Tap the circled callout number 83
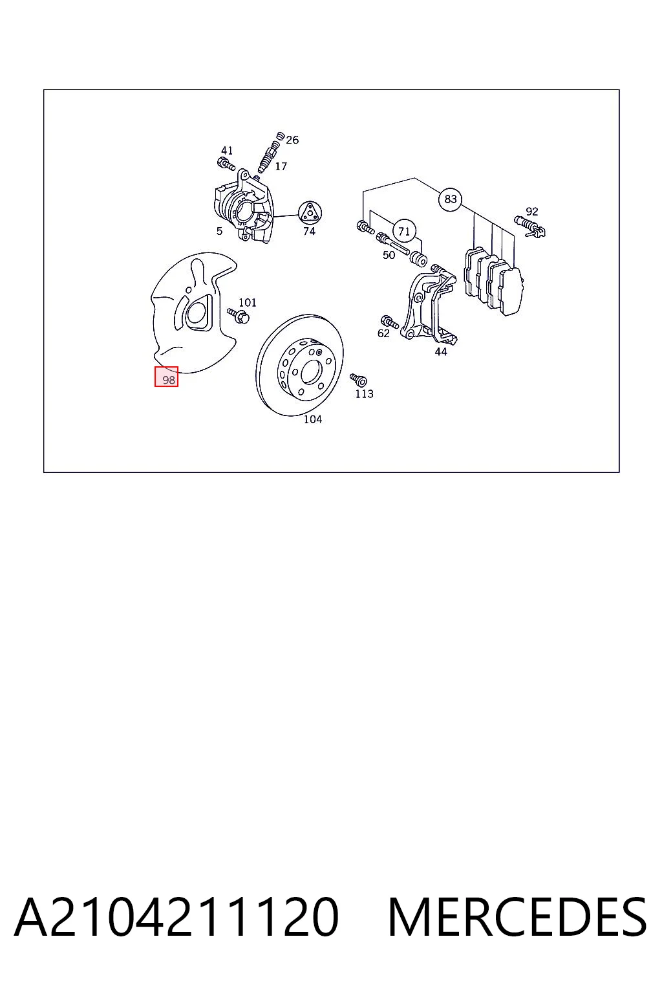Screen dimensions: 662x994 [x=450, y=199]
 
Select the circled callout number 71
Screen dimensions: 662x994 [x=404, y=231]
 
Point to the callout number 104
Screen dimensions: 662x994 [x=313, y=419]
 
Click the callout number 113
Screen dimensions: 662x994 [x=364, y=393]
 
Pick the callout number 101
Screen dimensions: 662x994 [x=248, y=303]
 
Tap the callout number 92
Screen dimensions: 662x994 [x=531, y=212]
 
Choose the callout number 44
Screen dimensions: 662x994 [x=441, y=352]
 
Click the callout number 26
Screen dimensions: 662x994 [x=292, y=140]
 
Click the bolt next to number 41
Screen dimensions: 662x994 [x=226, y=163]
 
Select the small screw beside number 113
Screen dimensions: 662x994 [x=358, y=380]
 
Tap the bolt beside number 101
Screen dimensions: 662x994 [x=239, y=316]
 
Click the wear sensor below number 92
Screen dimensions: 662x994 [x=530, y=226]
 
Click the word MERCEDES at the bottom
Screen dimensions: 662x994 [x=517, y=917]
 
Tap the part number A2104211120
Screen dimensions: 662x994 [x=176, y=917]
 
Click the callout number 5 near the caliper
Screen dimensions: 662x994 [x=220, y=231]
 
